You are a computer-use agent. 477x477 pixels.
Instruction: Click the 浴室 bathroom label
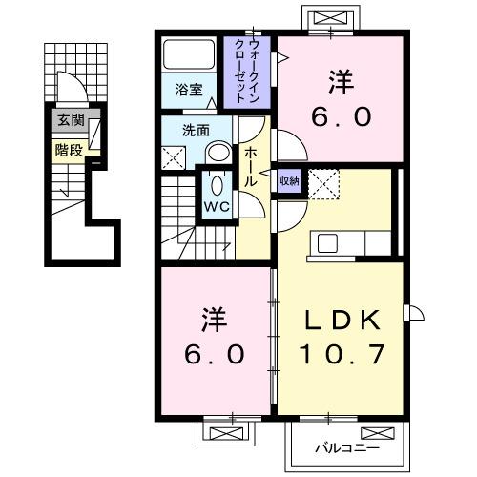point(189,90)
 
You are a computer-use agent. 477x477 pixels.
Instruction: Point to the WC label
point(214,205)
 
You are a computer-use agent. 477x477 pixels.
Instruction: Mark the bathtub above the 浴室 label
point(190,53)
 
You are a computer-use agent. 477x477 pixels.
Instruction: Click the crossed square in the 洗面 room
point(175,158)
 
